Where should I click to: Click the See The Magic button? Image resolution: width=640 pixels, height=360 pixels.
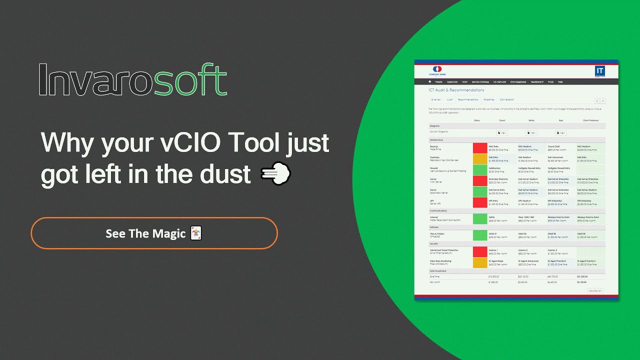click(x=154, y=233)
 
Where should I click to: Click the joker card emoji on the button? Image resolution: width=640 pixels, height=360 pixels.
click(x=196, y=233)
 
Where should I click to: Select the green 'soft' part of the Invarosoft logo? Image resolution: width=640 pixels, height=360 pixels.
click(x=187, y=80)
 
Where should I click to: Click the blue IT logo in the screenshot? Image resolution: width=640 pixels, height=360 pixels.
click(x=600, y=71)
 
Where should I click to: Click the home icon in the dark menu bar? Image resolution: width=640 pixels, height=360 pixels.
click(x=429, y=81)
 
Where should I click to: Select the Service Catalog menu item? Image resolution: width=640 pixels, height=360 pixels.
click(x=480, y=81)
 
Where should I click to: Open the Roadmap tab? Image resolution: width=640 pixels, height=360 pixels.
click(x=488, y=99)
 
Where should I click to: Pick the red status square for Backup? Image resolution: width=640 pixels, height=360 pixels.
click(x=479, y=148)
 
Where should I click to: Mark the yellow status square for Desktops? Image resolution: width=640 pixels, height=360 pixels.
click(x=479, y=159)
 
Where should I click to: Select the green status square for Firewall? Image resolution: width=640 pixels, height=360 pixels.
click(x=479, y=170)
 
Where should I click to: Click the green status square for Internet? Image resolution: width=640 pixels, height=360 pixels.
click(x=479, y=219)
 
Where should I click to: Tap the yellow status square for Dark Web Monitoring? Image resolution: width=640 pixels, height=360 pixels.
click(x=479, y=262)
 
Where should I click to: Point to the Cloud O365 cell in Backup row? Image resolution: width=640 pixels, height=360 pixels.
click(x=560, y=148)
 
